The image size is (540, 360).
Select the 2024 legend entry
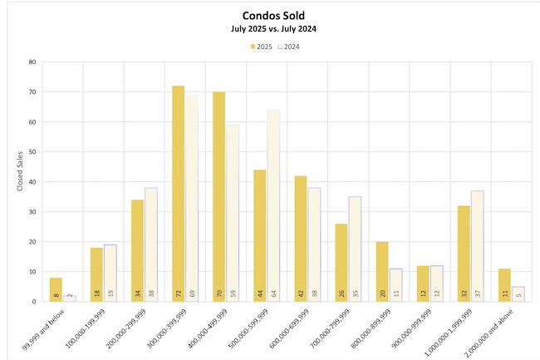(287, 47)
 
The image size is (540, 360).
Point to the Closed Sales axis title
(20, 181)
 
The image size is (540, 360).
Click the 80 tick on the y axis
(31, 62)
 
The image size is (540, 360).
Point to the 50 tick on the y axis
(31, 152)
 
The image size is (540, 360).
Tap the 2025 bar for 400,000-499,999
(218, 196)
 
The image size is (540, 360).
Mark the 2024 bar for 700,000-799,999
(355, 249)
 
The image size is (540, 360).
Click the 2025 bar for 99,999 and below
(56, 289)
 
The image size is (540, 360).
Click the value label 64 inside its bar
(272, 293)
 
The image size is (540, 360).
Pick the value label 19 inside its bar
(110, 293)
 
